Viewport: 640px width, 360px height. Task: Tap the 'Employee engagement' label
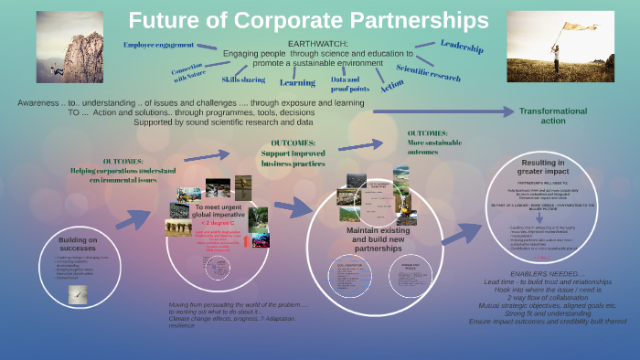pyautogui.click(x=158, y=45)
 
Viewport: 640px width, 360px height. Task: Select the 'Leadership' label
pyautogui.click(x=461, y=46)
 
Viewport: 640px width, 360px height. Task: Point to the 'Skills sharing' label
pyautogui.click(x=242, y=79)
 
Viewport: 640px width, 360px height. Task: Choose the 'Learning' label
pyautogui.click(x=297, y=82)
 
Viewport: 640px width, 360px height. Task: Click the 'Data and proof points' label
pyautogui.click(x=349, y=84)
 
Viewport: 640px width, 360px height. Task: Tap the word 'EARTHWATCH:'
pyautogui.click(x=319, y=44)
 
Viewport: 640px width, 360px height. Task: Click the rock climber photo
pyautogui.click(x=69, y=46)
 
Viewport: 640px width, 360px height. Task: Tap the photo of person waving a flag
pyautogui.click(x=560, y=46)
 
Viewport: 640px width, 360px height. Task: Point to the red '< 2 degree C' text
pyautogui.click(x=216, y=222)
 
